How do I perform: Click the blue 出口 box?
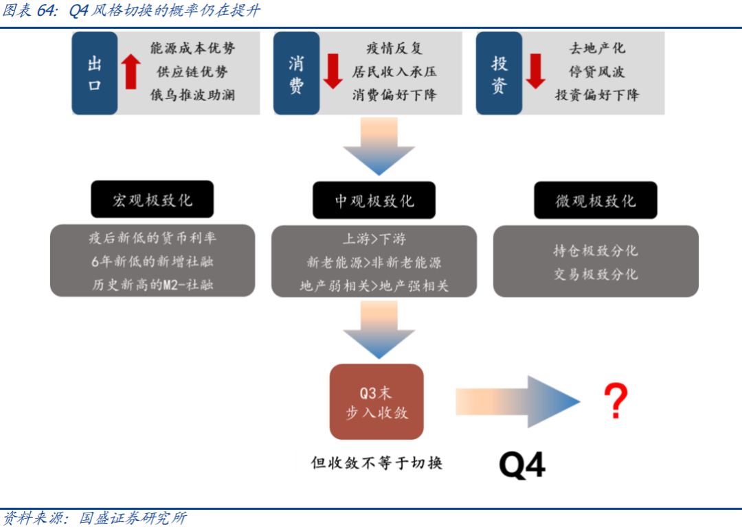click(x=95, y=73)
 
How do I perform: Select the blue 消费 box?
click(x=296, y=73)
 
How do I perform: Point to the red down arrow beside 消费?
click(x=333, y=71)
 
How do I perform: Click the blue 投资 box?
click(x=499, y=73)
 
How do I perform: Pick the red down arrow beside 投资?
click(x=536, y=71)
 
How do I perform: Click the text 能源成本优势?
click(x=192, y=48)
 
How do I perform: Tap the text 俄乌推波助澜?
click(x=192, y=95)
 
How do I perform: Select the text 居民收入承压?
click(x=394, y=72)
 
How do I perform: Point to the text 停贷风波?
click(x=596, y=72)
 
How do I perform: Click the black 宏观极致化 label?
click(x=153, y=200)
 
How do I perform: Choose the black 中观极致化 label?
click(x=374, y=200)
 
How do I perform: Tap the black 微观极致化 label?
click(x=596, y=201)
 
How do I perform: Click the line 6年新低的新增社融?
click(x=153, y=261)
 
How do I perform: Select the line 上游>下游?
click(x=374, y=239)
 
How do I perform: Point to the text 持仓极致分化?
click(x=596, y=250)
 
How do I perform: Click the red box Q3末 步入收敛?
click(x=376, y=402)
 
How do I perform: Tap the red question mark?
click(x=616, y=401)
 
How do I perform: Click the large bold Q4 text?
click(x=522, y=465)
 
